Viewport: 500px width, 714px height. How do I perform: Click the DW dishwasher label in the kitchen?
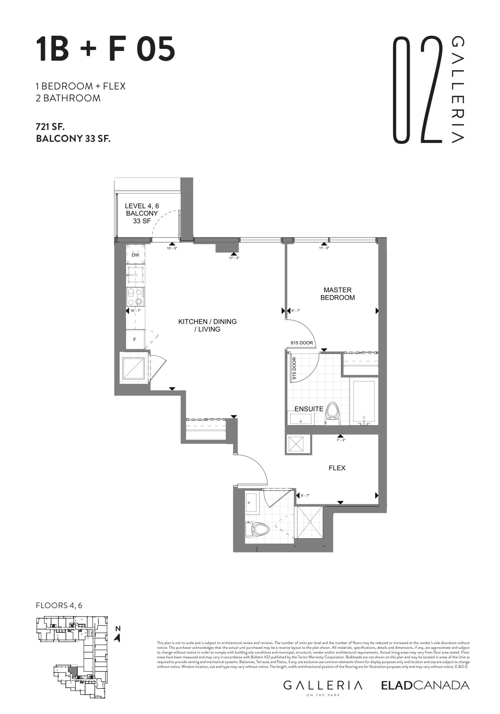pyautogui.click(x=135, y=255)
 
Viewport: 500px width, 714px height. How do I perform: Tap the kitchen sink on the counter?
pyautogui.click(x=135, y=275)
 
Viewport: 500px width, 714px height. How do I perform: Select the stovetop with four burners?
pyautogui.click(x=135, y=297)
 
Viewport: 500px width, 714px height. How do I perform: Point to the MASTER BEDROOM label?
pyautogui.click(x=338, y=294)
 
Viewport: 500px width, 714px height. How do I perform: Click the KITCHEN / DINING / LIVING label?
pyautogui.click(x=208, y=325)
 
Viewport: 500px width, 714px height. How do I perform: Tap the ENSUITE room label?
pyautogui.click(x=309, y=409)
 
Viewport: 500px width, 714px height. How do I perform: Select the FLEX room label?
pyautogui.click(x=337, y=468)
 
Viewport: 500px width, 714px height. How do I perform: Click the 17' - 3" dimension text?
pyautogui.click(x=234, y=258)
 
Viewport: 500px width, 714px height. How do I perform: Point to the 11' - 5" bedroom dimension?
pyautogui.click(x=324, y=248)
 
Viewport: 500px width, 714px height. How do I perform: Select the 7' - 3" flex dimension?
pyautogui.click(x=341, y=440)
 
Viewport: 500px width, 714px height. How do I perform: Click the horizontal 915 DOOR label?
pyautogui.click(x=302, y=343)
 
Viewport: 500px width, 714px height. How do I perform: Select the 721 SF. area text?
pyautogui.click(x=51, y=127)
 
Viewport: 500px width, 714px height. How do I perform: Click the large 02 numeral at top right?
pyautogui.click(x=417, y=90)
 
